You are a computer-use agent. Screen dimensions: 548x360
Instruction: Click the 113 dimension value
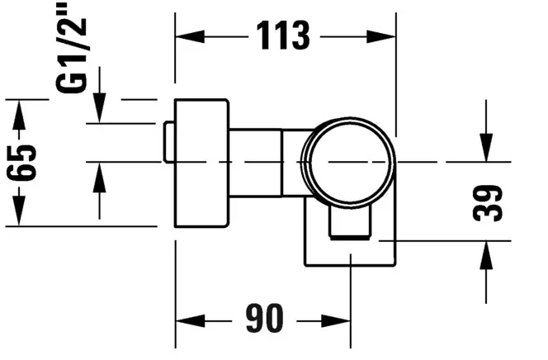283,36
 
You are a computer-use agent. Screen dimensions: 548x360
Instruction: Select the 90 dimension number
264,318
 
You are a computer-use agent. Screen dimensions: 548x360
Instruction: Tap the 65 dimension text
21,162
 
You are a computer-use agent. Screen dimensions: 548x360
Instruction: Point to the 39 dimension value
487,203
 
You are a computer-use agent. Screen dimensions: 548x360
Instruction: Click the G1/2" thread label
71,48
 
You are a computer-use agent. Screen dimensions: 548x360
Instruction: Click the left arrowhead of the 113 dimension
190,36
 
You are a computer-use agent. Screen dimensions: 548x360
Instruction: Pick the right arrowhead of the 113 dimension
381,36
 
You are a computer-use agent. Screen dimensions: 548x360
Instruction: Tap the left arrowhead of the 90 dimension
190,321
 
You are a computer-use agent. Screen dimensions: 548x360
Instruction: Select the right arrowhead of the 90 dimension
336,321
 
